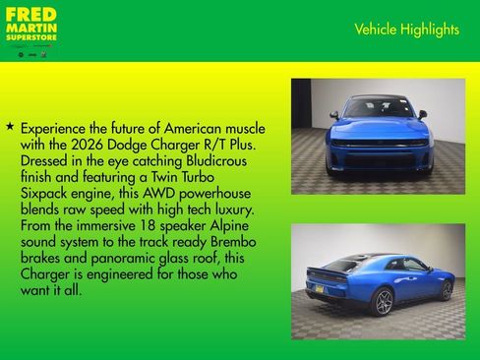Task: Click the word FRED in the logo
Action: [x=30, y=16]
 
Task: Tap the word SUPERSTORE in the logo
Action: [x=30, y=36]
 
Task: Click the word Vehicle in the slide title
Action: [x=376, y=30]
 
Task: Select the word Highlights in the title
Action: [x=431, y=30]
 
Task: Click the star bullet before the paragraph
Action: [x=10, y=128]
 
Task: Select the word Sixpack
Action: [x=50, y=193]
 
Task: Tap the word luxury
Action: [x=231, y=210]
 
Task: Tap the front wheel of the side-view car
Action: [x=447, y=290]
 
